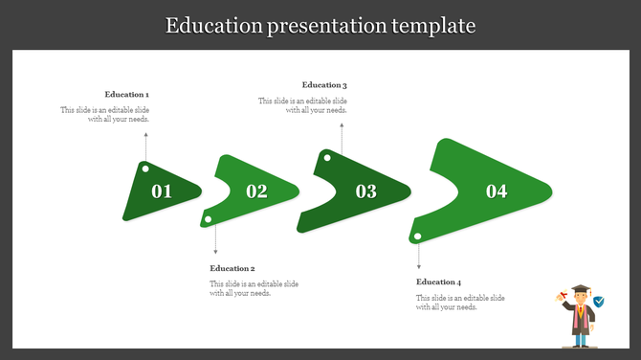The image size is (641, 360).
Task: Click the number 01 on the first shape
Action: coord(162,191)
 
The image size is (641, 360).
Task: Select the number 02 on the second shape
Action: coord(256,191)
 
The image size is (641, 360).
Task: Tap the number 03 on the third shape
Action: coord(366,191)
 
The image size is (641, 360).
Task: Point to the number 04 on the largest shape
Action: coord(497,191)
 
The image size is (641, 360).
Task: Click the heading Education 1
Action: coord(127,95)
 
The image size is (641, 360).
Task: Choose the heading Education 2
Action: coord(232,269)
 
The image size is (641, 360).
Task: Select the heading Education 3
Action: coord(324,86)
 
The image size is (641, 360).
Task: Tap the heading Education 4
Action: coord(439,282)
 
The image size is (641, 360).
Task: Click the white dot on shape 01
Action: coord(145,169)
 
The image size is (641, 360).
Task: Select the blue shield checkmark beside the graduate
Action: coord(599,302)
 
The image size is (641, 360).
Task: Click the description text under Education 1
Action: coord(105,115)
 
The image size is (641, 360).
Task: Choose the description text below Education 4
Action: coord(460,303)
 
